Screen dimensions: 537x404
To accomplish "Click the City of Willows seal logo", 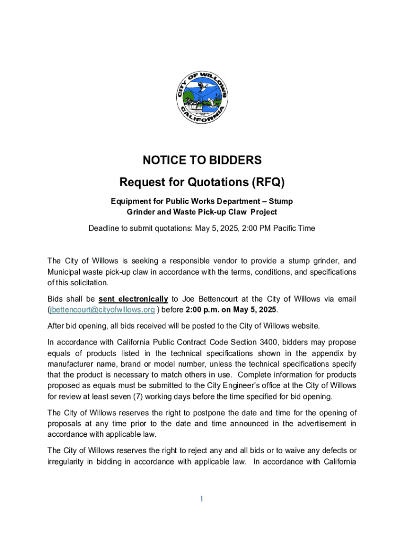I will (202, 98).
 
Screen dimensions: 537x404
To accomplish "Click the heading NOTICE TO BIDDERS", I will (202, 160).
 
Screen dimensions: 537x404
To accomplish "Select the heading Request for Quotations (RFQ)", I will (202, 182).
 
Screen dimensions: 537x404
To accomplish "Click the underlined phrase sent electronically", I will (133, 299).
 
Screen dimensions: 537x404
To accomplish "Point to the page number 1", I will (202, 499).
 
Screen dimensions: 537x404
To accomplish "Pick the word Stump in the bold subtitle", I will (281, 201).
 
